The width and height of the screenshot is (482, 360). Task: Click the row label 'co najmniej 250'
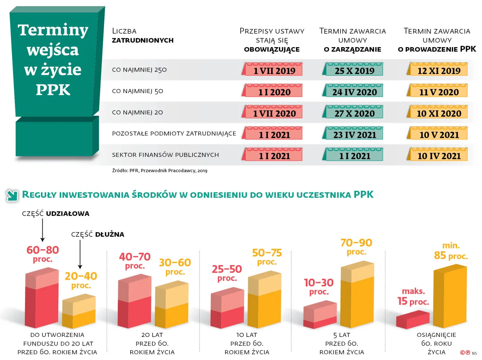tap(139, 70)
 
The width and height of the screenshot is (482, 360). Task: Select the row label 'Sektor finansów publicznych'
tap(165, 155)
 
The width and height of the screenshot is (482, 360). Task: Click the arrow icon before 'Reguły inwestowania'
tap(12, 195)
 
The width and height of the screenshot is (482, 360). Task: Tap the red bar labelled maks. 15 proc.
tap(412, 320)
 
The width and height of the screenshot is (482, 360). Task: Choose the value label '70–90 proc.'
tap(356, 247)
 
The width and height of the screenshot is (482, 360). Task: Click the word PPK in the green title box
tap(53, 90)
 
